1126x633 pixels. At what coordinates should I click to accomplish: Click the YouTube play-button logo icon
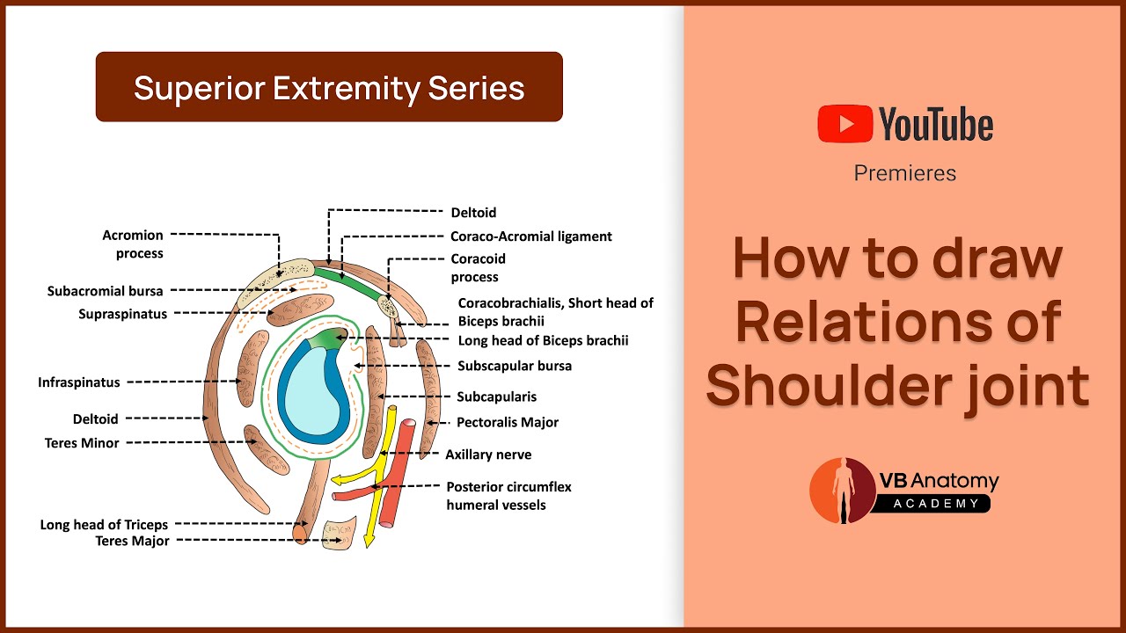click(x=844, y=124)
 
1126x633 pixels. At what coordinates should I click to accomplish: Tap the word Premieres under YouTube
click(x=904, y=173)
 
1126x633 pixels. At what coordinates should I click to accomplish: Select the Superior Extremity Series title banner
click(x=329, y=87)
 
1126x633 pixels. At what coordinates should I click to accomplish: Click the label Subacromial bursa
click(x=105, y=291)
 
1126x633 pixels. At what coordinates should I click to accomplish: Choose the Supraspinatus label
click(x=122, y=314)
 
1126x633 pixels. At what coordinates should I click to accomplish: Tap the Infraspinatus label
click(x=79, y=382)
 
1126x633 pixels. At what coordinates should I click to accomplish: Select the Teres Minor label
click(x=82, y=443)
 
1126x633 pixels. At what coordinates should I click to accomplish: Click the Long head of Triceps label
click(x=104, y=525)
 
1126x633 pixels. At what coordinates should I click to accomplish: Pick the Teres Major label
click(x=132, y=541)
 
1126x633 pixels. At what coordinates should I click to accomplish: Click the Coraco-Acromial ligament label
click(x=531, y=236)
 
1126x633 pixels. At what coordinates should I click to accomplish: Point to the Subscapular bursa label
click(x=515, y=365)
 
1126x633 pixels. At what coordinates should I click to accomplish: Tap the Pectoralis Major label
click(x=508, y=423)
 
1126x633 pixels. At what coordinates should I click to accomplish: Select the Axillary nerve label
click(x=488, y=455)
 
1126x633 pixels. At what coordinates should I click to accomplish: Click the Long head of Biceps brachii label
click(x=544, y=340)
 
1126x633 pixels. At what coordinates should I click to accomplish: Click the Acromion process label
click(x=133, y=244)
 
